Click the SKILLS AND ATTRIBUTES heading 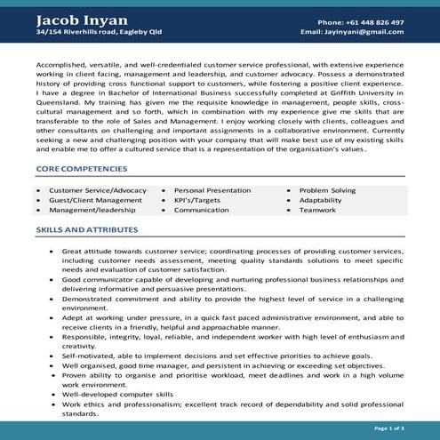coord(85,229)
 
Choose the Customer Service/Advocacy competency coord(97,190)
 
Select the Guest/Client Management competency coord(95,201)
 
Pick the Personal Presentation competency coord(212,190)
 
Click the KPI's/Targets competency coord(196,201)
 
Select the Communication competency coord(203,211)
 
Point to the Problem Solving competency coord(327,190)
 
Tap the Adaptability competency coord(320,201)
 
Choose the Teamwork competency coord(316,211)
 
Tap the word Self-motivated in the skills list coord(88,354)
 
